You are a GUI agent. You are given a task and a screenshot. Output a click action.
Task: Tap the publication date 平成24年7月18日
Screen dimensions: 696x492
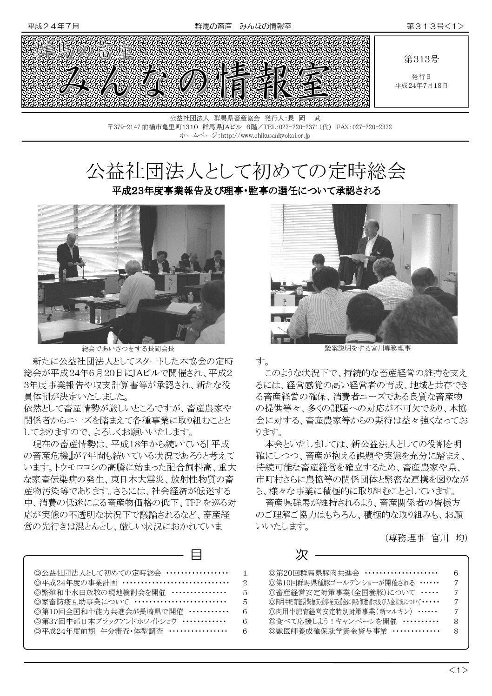[421, 86]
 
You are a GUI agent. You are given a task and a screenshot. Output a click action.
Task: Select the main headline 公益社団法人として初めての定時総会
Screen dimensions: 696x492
[246, 172]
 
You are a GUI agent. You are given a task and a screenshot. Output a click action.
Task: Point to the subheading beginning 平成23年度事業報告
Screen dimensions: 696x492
[246, 191]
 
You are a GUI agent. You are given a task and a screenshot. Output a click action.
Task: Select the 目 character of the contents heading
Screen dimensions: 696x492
[196, 555]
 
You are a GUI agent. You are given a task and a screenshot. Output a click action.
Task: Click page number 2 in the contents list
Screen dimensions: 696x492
[244, 583]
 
